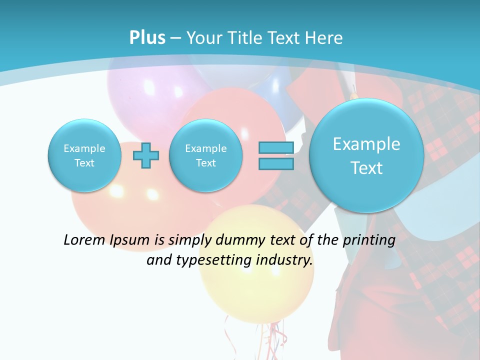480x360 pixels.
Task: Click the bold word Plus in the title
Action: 147,38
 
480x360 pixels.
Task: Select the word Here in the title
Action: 324,38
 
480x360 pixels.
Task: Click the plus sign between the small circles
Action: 146,155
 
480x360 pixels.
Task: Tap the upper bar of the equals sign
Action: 276,147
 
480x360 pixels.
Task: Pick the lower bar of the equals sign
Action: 276,163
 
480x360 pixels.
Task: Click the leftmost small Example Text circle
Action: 84,155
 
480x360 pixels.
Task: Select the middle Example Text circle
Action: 206,155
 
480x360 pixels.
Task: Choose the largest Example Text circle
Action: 366,155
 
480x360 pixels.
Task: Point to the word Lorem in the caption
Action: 85,240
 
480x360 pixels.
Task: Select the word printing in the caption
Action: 369,240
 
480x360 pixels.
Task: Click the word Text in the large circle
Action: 366,168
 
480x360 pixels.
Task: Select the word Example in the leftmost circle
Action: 84,148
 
